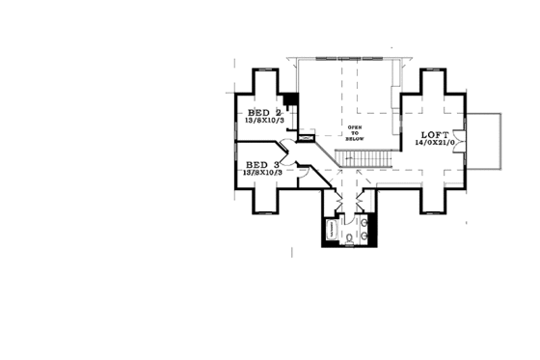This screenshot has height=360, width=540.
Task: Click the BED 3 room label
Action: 262,165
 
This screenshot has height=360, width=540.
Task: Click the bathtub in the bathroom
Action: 331,231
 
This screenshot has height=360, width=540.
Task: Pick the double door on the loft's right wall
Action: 466,143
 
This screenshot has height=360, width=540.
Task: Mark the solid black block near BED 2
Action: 289,100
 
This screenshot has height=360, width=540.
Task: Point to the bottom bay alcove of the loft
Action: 434,200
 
